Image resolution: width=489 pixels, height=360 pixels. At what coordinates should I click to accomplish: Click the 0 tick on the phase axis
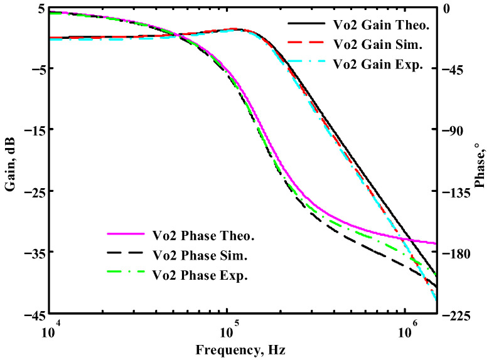pyautogui.click(x=446, y=9)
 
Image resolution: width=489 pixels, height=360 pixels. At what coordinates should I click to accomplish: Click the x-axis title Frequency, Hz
pyautogui.click(x=243, y=349)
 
